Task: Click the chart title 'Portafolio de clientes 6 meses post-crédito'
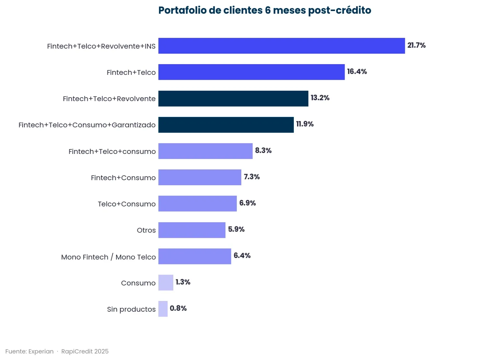265,10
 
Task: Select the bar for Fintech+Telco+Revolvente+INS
281,46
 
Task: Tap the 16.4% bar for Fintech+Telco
251,72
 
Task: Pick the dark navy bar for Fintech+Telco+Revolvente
233,99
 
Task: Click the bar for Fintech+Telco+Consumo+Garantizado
226,125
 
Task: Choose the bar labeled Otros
192,230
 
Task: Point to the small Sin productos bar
163,308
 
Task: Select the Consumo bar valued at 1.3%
166,283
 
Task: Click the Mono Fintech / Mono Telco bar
195,256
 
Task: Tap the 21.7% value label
416,45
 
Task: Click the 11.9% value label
305,124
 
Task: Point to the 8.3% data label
263,150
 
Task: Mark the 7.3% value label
252,177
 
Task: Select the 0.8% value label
178,308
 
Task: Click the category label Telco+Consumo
127,204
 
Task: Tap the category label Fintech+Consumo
123,178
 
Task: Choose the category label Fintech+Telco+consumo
112,152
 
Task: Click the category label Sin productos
131,309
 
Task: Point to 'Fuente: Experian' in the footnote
29,352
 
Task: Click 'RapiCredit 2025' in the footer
85,352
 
